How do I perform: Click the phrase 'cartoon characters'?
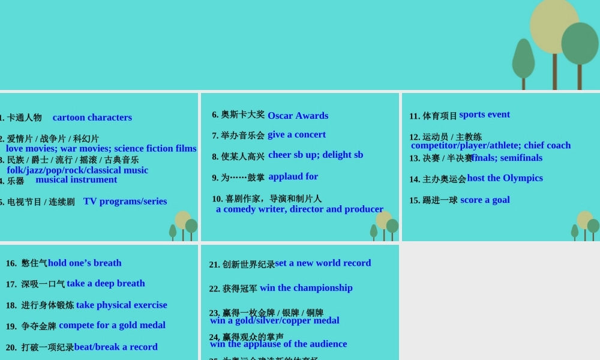pos(92,118)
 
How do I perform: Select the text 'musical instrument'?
pos(76,179)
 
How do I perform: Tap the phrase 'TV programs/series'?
pos(125,202)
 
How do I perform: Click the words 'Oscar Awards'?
pos(298,116)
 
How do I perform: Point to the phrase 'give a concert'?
pos(296,134)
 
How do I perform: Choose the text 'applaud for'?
pos(293,176)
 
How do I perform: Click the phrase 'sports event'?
pos(484,115)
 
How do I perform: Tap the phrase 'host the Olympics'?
pos(505,178)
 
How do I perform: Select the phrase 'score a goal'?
pos(485,200)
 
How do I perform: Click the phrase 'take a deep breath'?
pos(106,283)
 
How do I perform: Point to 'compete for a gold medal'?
pos(112,325)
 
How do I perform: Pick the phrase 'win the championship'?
pos(306,288)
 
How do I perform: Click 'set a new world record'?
pos(323,263)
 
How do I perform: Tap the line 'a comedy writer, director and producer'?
pos(299,209)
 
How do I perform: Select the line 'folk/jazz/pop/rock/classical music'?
pos(77,170)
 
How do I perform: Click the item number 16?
pos(11,263)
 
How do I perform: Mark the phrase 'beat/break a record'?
pos(116,347)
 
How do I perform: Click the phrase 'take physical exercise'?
pos(121,305)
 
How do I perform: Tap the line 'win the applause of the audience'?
pos(278,344)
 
